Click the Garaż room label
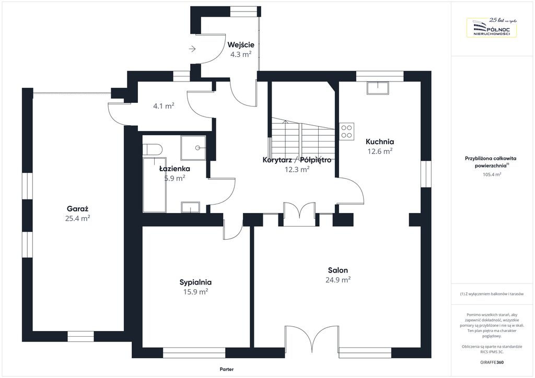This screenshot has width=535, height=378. [x=77, y=209]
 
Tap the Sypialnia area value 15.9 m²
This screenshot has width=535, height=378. [x=195, y=292]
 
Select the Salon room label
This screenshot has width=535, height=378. [x=338, y=270]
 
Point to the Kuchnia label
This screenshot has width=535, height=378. [x=380, y=142]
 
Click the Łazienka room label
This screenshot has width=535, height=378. [x=175, y=169]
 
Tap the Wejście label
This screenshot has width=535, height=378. [x=241, y=45]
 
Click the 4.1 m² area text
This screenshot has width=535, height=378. [x=164, y=106]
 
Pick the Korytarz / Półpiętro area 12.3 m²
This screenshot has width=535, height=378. [x=297, y=169]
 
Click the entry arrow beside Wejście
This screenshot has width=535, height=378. [x=192, y=49]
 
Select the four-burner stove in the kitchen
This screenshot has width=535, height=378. [x=347, y=132]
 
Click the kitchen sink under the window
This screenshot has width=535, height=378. [x=377, y=88]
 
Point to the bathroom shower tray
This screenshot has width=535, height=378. [x=193, y=148]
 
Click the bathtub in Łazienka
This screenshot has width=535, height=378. [x=155, y=185]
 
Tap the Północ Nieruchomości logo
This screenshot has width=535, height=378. [x=492, y=27]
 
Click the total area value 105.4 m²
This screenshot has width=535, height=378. [x=492, y=174]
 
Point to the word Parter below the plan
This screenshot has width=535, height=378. [x=227, y=369]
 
